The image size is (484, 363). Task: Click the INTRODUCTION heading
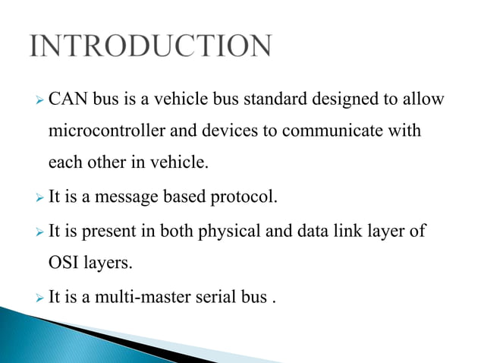(x=150, y=46)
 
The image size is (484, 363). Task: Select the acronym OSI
(x=64, y=262)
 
